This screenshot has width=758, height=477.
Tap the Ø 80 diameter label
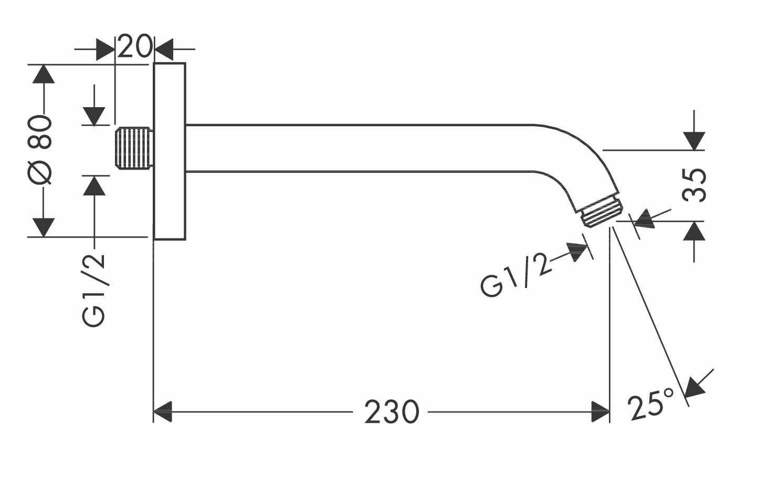point(42,150)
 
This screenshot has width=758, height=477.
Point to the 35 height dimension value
point(694,185)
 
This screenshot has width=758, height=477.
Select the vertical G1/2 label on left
point(94,290)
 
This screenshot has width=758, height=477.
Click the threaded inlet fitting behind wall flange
point(134,149)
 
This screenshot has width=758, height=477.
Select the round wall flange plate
point(170,151)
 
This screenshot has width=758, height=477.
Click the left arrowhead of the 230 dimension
point(163,412)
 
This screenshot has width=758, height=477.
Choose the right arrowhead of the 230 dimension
point(600,412)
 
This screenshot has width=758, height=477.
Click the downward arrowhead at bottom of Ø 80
point(44,227)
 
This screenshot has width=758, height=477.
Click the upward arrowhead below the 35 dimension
point(694,231)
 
